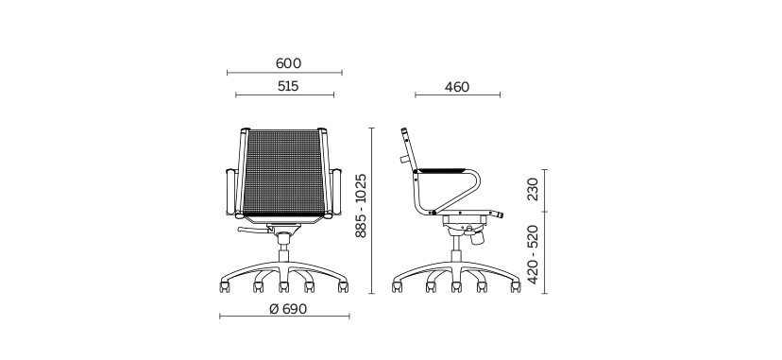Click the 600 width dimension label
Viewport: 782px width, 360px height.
288,63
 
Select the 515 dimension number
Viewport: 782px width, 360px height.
288,86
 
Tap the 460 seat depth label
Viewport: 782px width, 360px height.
457,87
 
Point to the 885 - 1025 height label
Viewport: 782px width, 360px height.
361,205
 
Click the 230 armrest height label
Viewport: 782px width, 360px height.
533,189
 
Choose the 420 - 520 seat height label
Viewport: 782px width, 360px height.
533,254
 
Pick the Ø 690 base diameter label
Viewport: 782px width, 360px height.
288,309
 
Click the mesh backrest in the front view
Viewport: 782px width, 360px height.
283,172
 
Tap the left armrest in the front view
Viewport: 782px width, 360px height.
230,192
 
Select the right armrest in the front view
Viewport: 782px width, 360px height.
336,192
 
